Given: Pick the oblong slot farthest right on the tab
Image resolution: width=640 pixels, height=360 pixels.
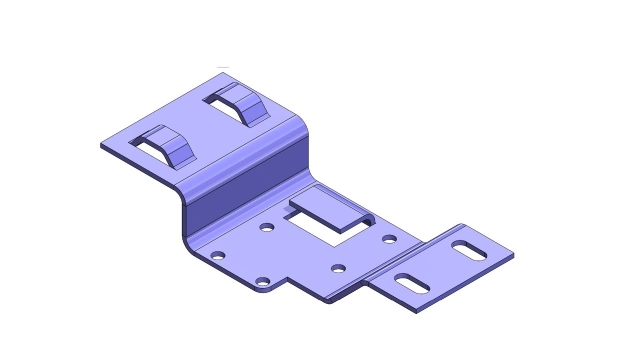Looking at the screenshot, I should (467, 247).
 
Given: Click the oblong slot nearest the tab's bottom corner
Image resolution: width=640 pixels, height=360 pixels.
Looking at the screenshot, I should (408, 281).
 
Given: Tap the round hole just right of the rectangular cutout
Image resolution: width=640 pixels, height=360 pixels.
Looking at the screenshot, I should (389, 238).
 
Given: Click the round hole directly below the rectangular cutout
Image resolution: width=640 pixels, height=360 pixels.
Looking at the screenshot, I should (338, 268).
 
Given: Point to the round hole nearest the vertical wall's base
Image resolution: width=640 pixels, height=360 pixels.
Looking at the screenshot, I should (217, 255).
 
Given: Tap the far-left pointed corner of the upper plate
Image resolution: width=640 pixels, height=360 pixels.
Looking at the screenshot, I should (102, 146).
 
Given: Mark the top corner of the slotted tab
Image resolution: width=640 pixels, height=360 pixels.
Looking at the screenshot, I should (461, 225).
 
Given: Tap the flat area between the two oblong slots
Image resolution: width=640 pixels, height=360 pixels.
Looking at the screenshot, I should (438, 264).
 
